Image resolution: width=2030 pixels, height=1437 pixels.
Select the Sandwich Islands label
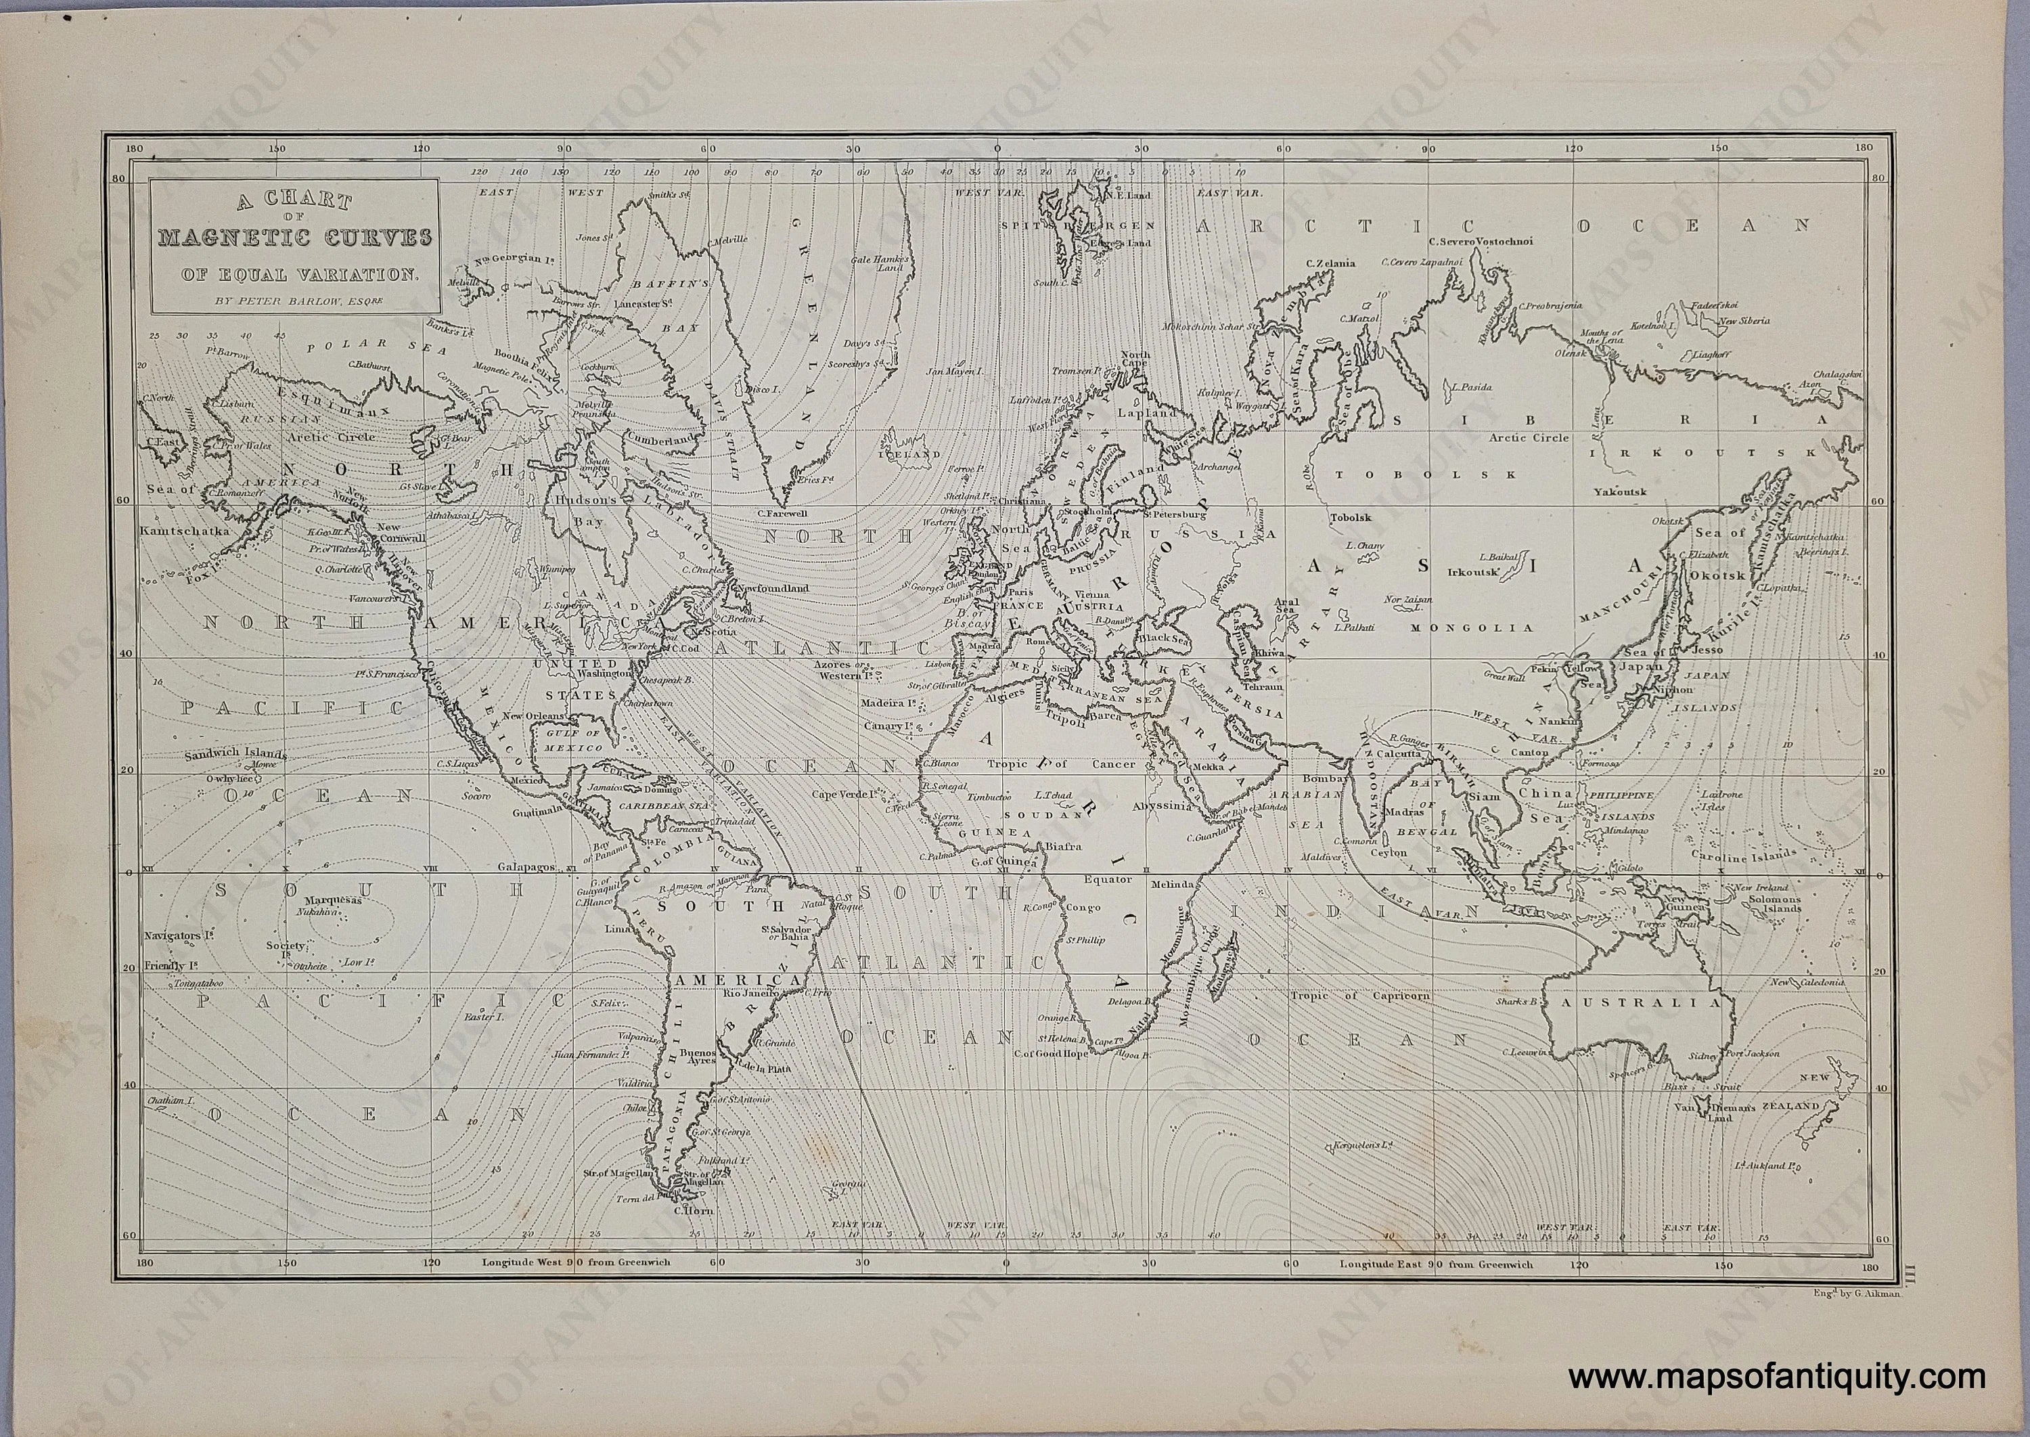point(236,755)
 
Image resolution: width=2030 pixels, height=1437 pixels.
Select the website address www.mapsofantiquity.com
point(1777,1377)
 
